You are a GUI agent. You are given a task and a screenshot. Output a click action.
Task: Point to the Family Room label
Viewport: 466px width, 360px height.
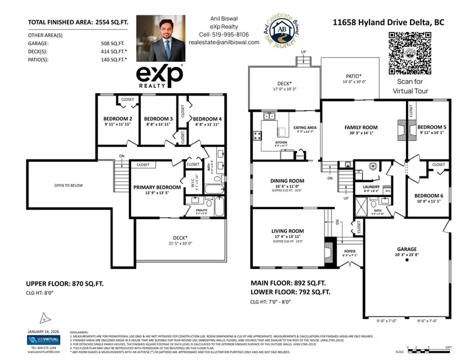point(361,127)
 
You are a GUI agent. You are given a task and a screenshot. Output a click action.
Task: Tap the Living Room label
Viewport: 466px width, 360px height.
point(288,231)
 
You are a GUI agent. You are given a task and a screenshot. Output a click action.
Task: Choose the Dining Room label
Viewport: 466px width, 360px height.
point(287,181)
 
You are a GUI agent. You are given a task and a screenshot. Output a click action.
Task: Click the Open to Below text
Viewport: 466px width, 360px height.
point(68,186)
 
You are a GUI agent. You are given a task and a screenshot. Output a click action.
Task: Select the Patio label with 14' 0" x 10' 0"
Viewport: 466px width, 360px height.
point(352,76)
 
